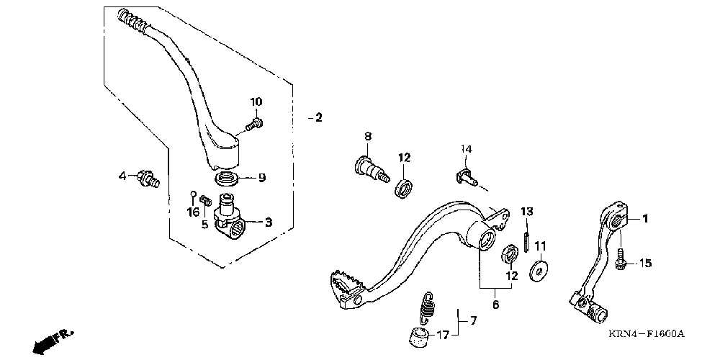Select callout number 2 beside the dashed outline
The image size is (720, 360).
coord(318,117)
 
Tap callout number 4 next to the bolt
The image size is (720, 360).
coord(122,175)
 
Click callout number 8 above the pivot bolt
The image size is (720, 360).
coord(367,136)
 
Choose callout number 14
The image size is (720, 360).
coord(467,149)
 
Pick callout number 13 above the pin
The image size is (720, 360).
coord(527,211)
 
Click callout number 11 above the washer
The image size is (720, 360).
coord(540,246)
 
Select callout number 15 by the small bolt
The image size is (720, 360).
coord(645,264)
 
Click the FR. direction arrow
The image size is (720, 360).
coord(54,338)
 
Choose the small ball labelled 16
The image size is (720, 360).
coord(193,193)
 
